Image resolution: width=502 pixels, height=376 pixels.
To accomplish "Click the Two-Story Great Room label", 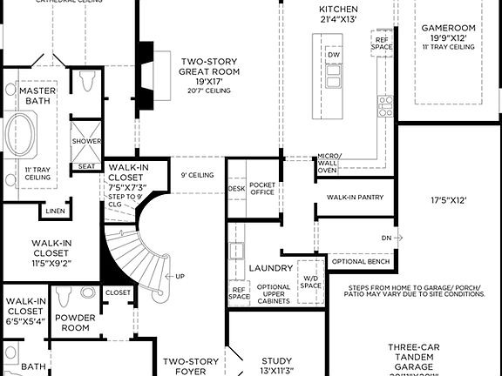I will [209, 71].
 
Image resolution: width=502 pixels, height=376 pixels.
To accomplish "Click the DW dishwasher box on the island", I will [334, 55].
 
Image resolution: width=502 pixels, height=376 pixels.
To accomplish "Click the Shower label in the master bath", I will [86, 140].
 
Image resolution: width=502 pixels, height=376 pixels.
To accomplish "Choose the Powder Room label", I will [76, 324].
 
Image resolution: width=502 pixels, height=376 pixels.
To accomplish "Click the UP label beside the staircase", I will [180, 277].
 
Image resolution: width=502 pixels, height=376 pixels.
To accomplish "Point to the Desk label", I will [236, 187].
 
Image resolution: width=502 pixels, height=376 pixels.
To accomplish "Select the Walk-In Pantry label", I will [355, 198].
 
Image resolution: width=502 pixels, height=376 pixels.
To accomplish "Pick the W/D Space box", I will [311, 279].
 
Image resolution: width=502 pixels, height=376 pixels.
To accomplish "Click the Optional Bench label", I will [361, 261].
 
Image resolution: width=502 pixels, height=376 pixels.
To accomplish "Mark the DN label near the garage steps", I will [386, 237].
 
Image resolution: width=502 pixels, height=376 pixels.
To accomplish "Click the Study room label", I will [277, 365].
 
